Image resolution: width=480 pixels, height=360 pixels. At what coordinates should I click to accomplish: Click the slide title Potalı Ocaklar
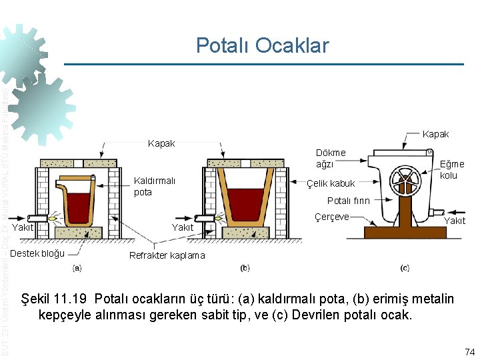pos(262,45)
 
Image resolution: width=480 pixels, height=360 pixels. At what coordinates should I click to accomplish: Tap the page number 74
pos(468,351)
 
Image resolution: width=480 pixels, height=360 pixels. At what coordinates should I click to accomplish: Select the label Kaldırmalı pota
pos(154,187)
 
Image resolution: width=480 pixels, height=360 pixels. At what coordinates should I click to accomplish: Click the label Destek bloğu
pos(37,253)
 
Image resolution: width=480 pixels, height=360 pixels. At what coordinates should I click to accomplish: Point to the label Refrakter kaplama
pos(167,255)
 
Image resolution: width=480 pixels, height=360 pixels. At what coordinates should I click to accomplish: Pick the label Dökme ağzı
pos(331,158)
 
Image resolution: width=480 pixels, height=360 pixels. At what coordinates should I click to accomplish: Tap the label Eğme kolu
pos(452,169)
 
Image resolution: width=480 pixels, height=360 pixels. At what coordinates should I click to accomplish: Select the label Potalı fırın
pos(348,201)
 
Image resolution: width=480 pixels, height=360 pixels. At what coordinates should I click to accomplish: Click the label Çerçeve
pos(331,217)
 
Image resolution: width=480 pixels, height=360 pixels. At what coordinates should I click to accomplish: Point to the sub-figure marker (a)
pos(77,269)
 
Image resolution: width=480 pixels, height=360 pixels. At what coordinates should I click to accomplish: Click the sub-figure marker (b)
pos(245,269)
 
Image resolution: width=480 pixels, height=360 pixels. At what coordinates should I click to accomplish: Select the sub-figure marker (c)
pos(405,269)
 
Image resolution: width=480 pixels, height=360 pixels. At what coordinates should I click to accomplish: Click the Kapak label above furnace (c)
pos(435,134)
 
